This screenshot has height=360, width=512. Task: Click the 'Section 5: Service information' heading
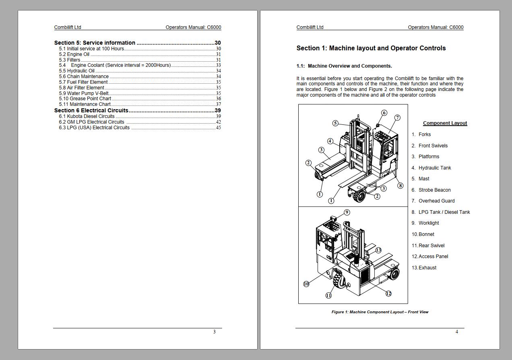point(95,43)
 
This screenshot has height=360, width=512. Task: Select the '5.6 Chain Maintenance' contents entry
point(84,77)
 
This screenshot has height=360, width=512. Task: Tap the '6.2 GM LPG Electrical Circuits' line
point(91,122)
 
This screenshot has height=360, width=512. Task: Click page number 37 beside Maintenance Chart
point(218,104)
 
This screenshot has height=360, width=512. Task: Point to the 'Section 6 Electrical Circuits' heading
point(91,110)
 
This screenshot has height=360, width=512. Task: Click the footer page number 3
point(215,332)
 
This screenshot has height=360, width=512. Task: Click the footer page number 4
point(457,332)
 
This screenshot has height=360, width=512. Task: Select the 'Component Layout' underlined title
point(445,123)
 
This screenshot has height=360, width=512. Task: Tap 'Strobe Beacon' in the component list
point(434,190)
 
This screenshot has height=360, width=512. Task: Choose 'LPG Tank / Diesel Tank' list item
point(444,212)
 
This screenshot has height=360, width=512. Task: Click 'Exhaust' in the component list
point(427,268)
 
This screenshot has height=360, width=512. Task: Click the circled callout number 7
point(397,118)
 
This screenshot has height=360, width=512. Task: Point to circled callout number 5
point(335,123)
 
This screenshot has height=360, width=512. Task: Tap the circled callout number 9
point(347,212)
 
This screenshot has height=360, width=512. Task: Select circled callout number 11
point(328,296)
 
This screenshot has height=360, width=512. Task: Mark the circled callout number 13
point(378,250)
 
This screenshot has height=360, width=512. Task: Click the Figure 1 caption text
point(380,312)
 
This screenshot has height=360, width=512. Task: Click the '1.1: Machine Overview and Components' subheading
point(344,66)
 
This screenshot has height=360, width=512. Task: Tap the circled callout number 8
point(400,186)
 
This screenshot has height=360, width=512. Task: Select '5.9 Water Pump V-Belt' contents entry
point(84,93)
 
